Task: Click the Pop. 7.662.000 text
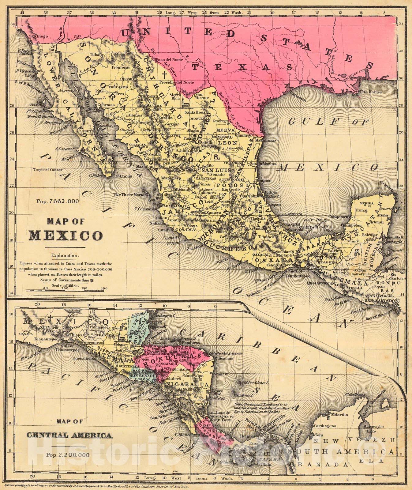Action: [58, 201]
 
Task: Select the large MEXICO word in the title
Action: [66, 236]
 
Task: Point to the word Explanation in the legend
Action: [65, 255]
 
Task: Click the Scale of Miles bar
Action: [66, 290]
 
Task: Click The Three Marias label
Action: [128, 194]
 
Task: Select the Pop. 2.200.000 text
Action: [68, 454]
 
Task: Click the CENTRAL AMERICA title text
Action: [69, 435]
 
